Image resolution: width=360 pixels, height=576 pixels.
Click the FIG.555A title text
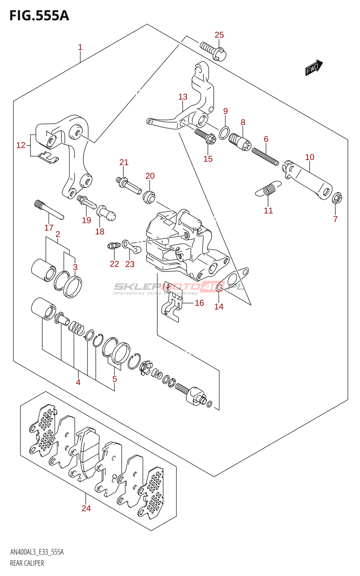tap(39, 15)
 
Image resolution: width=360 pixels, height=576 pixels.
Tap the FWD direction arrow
tap(314, 67)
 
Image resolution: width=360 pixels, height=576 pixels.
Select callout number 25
tap(219, 35)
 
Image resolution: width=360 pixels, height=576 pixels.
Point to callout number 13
tap(183, 97)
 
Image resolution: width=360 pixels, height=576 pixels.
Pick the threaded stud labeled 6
tap(265, 157)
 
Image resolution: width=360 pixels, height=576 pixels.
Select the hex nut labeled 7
tap(337, 198)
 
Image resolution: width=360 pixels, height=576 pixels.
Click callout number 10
tap(310, 157)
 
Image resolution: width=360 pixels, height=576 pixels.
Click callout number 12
tap(21, 145)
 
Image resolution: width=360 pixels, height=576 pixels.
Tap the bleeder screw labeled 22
tap(113, 246)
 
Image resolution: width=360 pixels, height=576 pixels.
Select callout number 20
tap(150, 176)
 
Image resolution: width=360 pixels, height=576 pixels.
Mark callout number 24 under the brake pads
tap(86, 508)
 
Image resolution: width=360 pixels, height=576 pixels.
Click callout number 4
tap(78, 382)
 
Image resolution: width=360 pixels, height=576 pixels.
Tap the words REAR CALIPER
tap(27, 563)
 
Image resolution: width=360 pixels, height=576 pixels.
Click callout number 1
tap(80, 47)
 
